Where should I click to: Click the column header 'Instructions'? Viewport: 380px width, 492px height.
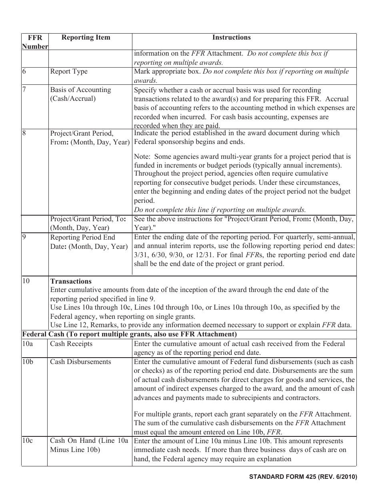[x=231, y=38]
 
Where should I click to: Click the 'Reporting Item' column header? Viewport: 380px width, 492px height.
[x=86, y=38]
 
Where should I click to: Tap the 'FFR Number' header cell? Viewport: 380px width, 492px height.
[x=34, y=42]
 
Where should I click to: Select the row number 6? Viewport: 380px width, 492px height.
[x=24, y=72]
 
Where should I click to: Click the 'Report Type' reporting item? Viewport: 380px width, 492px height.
[x=69, y=72]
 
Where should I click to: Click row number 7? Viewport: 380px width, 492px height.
[x=24, y=90]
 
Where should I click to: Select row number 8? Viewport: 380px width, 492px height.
[x=24, y=133]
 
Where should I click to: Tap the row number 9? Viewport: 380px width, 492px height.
[x=24, y=237]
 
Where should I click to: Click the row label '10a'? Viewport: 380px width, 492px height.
[x=27, y=344]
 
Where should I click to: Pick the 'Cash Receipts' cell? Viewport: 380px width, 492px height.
[x=71, y=344]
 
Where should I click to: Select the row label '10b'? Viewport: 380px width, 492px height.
[x=28, y=362]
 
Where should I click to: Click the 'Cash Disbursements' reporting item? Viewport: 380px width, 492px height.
[x=80, y=362]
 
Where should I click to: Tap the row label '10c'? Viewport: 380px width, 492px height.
[x=27, y=441]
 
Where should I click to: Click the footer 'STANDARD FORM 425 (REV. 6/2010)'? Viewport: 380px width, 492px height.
[x=303, y=477]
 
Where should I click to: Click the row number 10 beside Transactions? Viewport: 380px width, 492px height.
[x=26, y=281]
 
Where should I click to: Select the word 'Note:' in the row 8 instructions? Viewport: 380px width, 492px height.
[x=142, y=157]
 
